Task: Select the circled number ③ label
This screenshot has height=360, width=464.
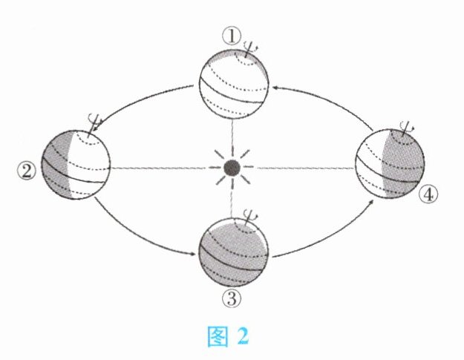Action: coord(231,300)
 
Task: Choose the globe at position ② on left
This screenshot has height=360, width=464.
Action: coord(76,163)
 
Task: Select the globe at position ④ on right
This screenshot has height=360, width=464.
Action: coord(389,165)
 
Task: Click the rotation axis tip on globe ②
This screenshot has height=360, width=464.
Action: coord(94,118)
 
